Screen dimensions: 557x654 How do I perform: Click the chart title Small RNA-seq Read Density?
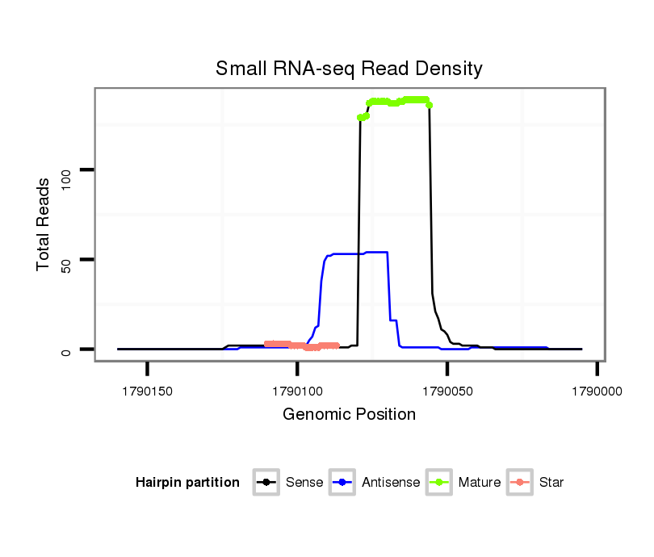(349, 69)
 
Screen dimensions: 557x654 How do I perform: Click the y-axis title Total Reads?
(46, 224)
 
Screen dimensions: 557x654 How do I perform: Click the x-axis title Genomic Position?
(349, 415)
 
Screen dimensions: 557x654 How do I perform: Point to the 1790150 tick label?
(148, 392)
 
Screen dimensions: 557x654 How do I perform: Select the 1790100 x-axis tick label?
(297, 392)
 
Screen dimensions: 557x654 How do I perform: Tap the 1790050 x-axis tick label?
(447, 392)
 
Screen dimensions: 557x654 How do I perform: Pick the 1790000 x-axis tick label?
(597, 392)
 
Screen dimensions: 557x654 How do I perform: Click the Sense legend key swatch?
(266, 483)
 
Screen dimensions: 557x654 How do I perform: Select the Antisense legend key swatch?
(342, 483)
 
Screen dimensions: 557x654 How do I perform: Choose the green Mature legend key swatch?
(439, 483)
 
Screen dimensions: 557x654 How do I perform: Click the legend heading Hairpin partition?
(187, 483)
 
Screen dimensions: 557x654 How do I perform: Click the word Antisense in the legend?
(391, 483)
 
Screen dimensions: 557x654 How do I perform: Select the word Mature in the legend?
(480, 483)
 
